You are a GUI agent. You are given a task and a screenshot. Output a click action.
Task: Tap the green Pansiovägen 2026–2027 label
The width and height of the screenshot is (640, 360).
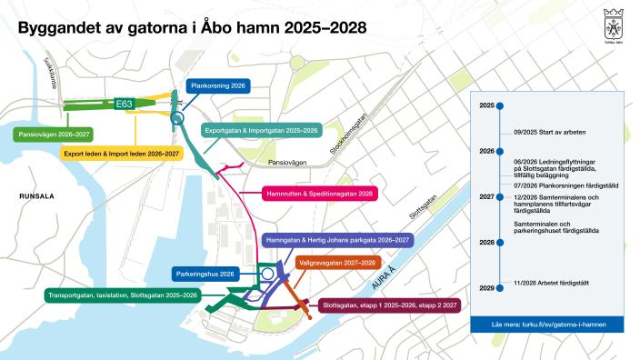coord(53,135)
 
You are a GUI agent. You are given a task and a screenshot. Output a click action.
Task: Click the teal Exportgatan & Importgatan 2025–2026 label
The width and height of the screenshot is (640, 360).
coord(259,131)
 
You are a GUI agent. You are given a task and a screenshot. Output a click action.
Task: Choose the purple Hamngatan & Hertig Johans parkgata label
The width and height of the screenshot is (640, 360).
coord(336,241)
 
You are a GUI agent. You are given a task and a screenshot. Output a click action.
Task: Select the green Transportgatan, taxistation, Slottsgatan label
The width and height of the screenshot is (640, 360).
coord(125,295)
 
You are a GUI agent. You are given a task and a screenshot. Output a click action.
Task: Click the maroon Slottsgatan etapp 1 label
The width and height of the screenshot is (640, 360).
coord(389,305)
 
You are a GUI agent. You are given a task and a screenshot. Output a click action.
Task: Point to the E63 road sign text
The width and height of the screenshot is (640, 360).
coord(125,105)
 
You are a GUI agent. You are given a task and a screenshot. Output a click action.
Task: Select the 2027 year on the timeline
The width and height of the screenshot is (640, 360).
coord(486,196)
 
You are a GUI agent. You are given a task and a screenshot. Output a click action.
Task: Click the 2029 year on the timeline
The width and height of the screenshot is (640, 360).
coord(486,288)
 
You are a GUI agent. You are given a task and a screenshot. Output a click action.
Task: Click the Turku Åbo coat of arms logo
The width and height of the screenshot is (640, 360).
coord(613,22)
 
